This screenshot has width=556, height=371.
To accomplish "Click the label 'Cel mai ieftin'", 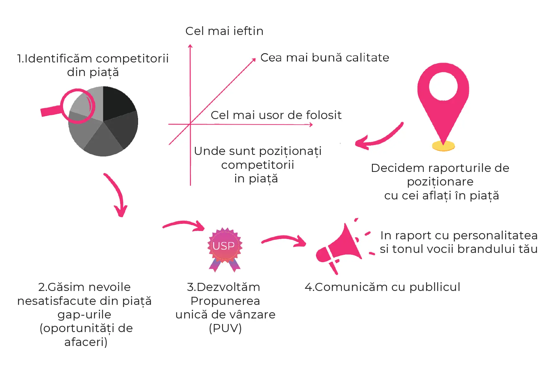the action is click(224, 31).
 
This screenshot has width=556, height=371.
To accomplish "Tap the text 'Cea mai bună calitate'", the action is click(325, 58).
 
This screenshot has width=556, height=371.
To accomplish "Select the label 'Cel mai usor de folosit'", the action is click(276, 115).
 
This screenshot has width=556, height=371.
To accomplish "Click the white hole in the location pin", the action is click(443, 86).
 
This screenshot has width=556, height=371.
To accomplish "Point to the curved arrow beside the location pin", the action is click(379, 137).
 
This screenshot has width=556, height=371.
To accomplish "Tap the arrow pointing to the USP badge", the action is click(184, 225).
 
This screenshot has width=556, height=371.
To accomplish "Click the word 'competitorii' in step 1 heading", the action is click(132, 59).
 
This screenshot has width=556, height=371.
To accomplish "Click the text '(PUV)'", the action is click(225, 328).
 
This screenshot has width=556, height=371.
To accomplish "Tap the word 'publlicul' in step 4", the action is click(435, 288).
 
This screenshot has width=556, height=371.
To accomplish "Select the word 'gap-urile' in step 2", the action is click(84, 315).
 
